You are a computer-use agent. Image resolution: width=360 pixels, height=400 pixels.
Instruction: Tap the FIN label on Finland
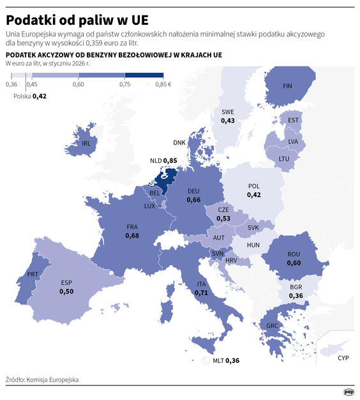point(287,86)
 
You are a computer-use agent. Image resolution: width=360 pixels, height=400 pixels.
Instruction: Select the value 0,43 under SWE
point(228,120)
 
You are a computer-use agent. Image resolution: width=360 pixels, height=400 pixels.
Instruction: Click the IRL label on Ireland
point(87,144)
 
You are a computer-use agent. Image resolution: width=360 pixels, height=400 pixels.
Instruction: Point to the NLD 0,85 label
point(163,160)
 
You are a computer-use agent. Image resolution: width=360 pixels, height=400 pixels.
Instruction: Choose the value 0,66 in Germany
point(194,200)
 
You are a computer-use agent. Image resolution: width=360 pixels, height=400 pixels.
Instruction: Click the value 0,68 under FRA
point(132,235)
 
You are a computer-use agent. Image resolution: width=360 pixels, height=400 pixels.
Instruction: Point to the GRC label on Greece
point(272,326)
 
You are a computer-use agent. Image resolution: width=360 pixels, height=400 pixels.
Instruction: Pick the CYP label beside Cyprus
point(343,358)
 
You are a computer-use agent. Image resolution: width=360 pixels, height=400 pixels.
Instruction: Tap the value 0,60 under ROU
point(293,263)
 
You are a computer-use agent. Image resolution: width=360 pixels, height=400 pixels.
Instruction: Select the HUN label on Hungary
point(253,245)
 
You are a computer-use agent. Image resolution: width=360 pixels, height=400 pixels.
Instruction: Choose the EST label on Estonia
point(294,120)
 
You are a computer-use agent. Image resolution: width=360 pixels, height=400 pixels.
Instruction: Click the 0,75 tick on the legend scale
point(124,84)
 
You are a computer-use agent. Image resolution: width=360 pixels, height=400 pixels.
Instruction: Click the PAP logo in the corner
point(349,392)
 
